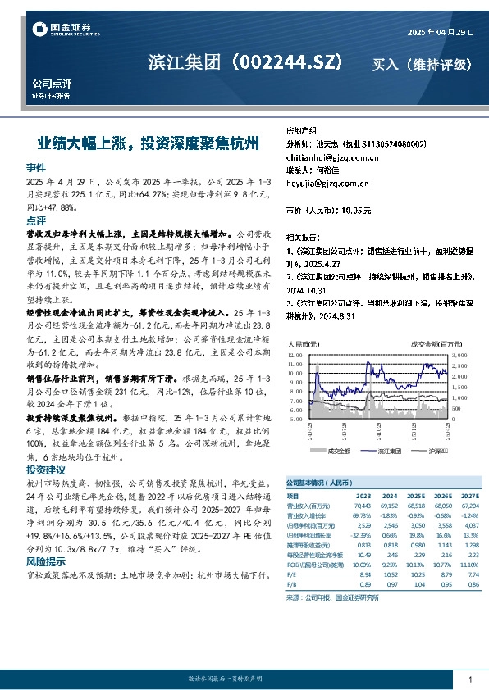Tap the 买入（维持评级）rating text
[x=423, y=64]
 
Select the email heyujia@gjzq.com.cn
[x=322, y=184]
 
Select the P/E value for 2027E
[x=468, y=575]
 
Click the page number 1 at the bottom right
[x=469, y=679]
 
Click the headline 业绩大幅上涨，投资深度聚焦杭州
[x=153, y=143]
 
